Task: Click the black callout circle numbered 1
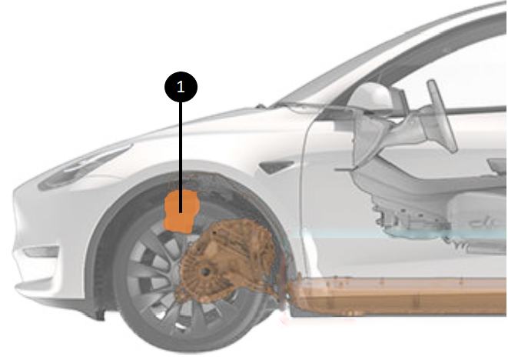[x=181, y=87]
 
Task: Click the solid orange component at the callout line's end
[x=181, y=211]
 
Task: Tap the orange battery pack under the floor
[x=399, y=296]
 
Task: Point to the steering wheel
[x=442, y=115]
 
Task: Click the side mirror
[x=373, y=96]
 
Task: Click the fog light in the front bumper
[x=42, y=252]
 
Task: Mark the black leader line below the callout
[x=181, y=157]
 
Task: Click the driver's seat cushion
[x=476, y=208]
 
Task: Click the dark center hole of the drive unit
[x=205, y=272]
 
